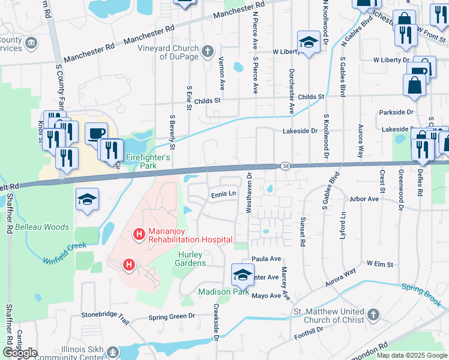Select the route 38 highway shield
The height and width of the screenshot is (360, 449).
pyautogui.click(x=284, y=165)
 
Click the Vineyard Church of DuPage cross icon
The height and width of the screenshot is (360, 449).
pyautogui.click(x=208, y=50)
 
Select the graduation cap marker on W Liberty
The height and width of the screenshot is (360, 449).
pyautogui.click(x=309, y=42)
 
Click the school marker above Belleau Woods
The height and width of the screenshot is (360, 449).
pyautogui.click(x=87, y=199)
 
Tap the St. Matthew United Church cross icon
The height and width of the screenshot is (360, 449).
pyautogui.click(x=373, y=315)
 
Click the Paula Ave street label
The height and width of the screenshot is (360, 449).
pyautogui.click(x=267, y=259)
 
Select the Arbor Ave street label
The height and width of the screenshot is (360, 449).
pyautogui.click(x=364, y=199)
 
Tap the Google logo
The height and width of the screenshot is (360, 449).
pyautogui.click(x=20, y=353)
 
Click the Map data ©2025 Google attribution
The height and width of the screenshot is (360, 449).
pyautogui.click(x=411, y=355)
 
